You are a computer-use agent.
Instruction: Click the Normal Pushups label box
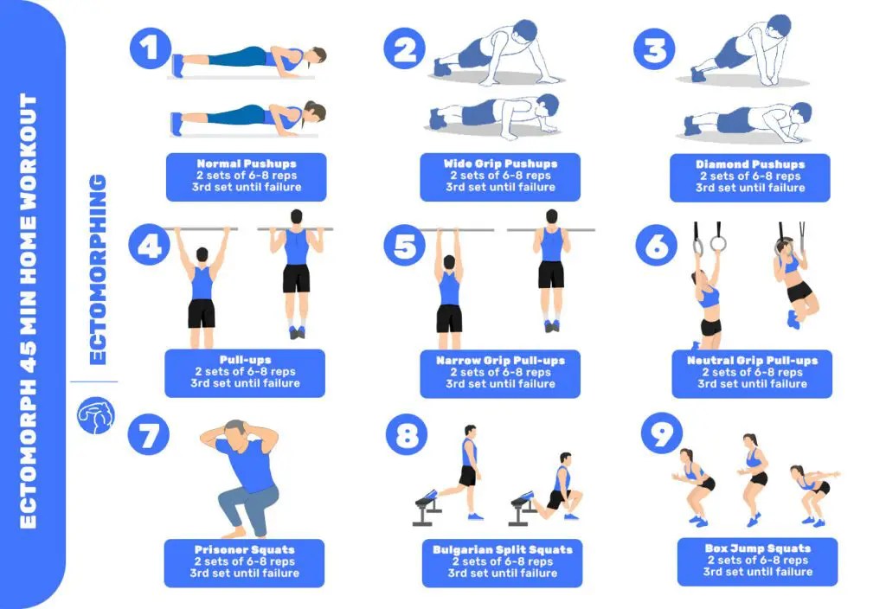pos(246,176)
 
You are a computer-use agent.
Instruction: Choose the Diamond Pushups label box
pos(749,176)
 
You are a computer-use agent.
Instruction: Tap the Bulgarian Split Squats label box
pos(502,561)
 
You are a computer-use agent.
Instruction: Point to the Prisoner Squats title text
pos(245,549)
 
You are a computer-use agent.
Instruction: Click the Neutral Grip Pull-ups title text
pos(752,361)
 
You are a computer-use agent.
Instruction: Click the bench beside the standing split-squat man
pos(427,505)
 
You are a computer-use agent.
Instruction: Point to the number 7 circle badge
pos(149,435)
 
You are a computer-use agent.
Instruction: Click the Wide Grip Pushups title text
pos(500,163)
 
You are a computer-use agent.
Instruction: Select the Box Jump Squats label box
pos(757,561)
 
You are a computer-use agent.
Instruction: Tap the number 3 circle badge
pos(655,49)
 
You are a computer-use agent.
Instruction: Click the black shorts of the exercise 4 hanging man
pos(201,312)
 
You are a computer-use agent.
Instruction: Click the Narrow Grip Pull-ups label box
pos(500,373)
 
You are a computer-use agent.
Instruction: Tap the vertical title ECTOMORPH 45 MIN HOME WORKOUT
pos(29,311)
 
